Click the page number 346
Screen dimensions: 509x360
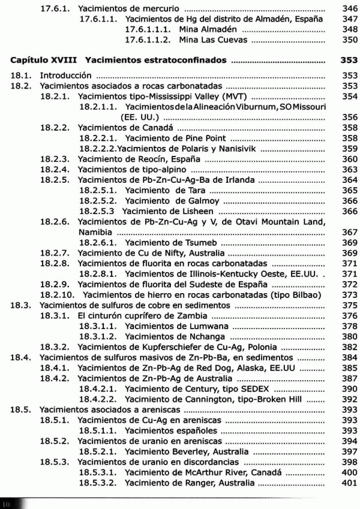(349, 10)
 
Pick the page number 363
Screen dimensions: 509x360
(349, 170)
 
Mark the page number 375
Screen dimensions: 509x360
(349, 305)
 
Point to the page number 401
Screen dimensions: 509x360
(349, 483)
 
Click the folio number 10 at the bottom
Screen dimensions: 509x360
(6, 504)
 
